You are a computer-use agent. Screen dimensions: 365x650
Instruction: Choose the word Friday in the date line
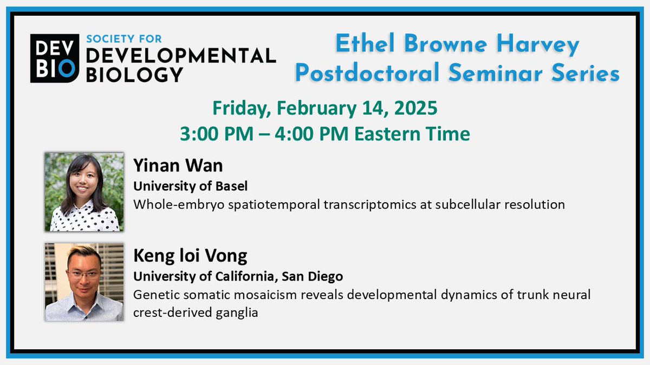240,108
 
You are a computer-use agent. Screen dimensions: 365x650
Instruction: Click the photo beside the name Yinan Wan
84,191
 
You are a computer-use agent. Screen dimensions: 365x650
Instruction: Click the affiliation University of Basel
190,187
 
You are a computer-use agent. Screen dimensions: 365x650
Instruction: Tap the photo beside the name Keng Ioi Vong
84,281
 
